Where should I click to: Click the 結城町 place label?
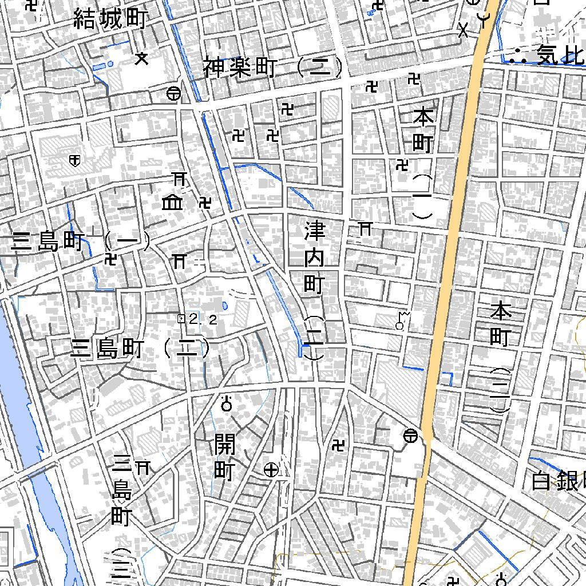tap(110, 20)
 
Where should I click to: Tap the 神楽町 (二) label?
tap(273, 68)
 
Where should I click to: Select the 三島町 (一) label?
tap(80, 242)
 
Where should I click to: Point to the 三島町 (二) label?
tap(140, 349)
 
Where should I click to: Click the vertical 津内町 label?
tap(314, 258)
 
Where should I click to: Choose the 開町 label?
tap(224, 457)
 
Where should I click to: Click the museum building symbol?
tap(172, 202)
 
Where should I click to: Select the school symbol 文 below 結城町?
tap(141, 58)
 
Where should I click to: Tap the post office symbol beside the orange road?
tap(410, 436)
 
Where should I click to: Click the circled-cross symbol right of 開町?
tap(271, 470)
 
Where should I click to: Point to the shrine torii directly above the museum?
tap(180, 179)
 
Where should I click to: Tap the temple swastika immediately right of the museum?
tap(205, 203)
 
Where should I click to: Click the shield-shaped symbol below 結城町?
tap(73, 160)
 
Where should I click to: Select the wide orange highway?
tap(452, 240)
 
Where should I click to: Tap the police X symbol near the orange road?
tap(464, 30)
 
